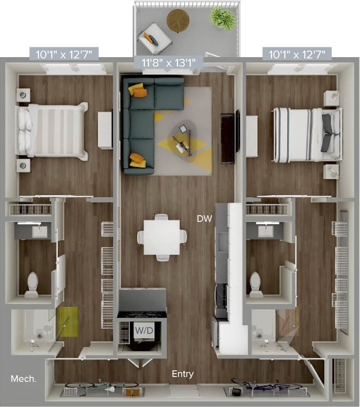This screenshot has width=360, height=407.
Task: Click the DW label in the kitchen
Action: coord(204,219)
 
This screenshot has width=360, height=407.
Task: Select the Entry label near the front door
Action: coord(183,374)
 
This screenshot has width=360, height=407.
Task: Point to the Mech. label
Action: coord(23,379)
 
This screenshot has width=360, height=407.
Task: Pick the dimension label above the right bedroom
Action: coord(297,53)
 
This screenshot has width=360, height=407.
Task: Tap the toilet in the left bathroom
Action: coord(32,284)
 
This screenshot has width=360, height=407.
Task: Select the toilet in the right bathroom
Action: coord(255,284)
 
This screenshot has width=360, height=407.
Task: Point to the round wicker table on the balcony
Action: coord(178,19)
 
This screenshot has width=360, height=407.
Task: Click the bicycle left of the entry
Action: coord(101,387)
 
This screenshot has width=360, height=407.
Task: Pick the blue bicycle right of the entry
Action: coord(263,386)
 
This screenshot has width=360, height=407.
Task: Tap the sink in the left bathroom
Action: coord(39,232)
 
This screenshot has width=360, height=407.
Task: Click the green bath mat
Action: coord(68,321)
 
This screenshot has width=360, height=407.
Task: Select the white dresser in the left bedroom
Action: coord(105,130)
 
